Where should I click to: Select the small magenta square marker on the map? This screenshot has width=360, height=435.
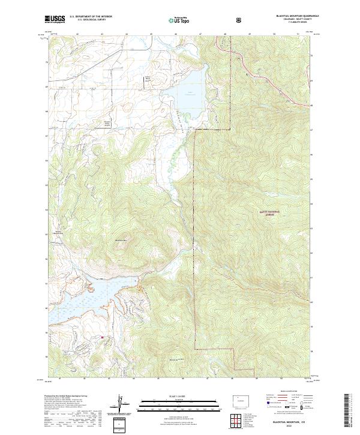pos(102,337)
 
